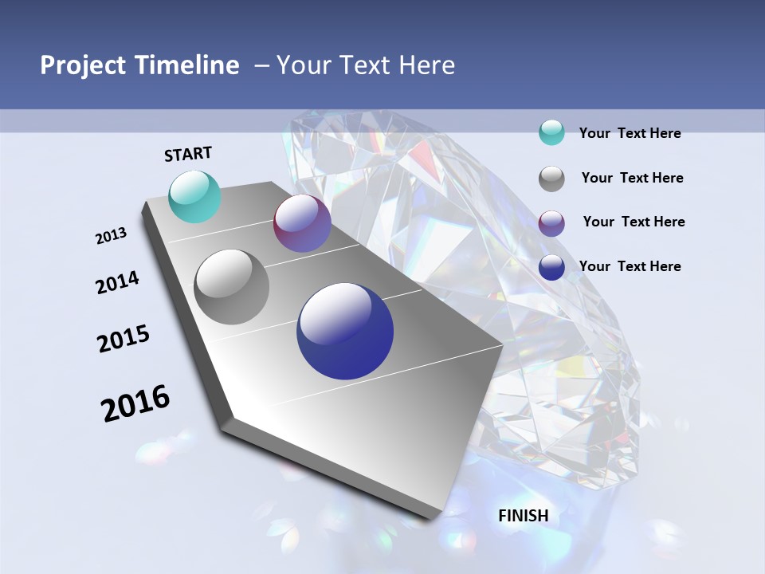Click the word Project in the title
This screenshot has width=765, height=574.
(x=83, y=65)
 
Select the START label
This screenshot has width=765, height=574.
(x=188, y=154)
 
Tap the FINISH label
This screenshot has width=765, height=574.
(x=524, y=516)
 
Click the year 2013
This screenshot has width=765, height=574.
(x=111, y=236)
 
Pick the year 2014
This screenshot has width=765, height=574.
(x=117, y=282)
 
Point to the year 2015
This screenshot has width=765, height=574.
(x=124, y=339)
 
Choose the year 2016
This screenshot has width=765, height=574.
(x=135, y=403)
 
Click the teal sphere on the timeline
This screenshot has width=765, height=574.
(x=195, y=196)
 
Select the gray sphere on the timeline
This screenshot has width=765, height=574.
(x=232, y=287)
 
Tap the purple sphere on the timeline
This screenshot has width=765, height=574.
(x=302, y=223)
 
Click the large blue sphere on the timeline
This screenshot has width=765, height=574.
(x=345, y=331)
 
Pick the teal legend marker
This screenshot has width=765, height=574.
(x=551, y=132)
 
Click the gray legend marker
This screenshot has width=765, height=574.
(x=551, y=179)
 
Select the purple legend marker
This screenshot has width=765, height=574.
(x=551, y=223)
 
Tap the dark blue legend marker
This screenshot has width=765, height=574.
(x=551, y=268)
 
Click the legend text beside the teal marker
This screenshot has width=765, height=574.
(x=630, y=133)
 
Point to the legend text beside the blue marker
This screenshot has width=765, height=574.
(x=630, y=266)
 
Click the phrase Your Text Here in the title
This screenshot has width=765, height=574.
(x=366, y=65)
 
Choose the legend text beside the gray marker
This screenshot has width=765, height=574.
(x=632, y=178)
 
